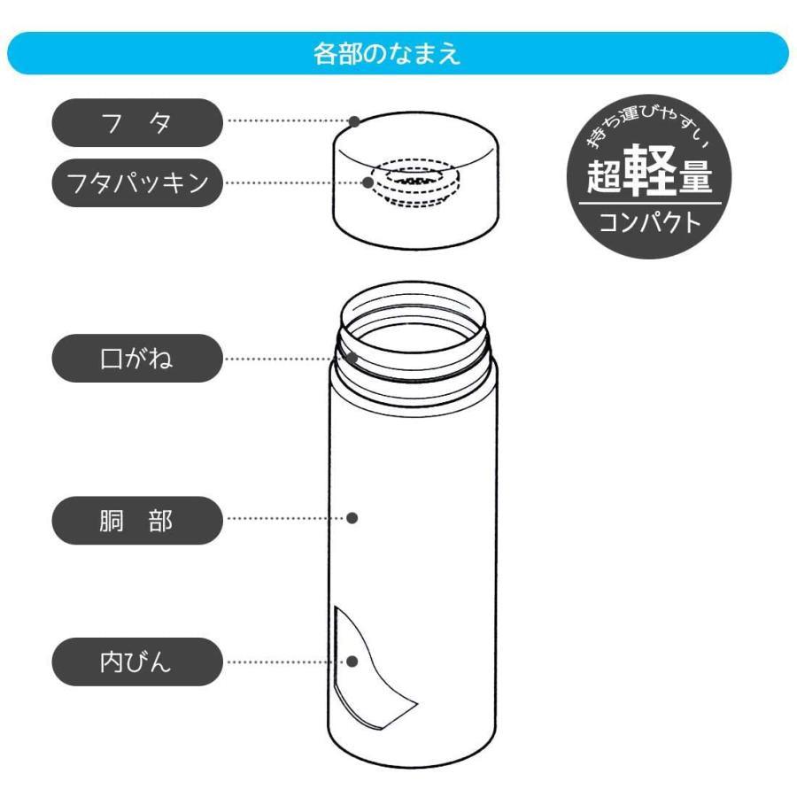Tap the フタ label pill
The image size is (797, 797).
[x=136, y=122]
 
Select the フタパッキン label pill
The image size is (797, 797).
[x=136, y=183]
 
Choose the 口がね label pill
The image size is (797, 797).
[x=136, y=359]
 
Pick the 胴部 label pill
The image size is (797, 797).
[x=136, y=520]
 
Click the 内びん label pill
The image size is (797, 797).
[x=136, y=662]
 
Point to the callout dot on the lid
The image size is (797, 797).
[x=353, y=120]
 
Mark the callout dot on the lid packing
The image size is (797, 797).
[x=368, y=183]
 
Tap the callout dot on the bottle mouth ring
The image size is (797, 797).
[x=352, y=359]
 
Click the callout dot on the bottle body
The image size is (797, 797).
[x=352, y=518]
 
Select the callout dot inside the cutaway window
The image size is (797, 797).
[x=352, y=662]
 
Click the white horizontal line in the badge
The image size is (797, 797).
[x=649, y=203]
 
